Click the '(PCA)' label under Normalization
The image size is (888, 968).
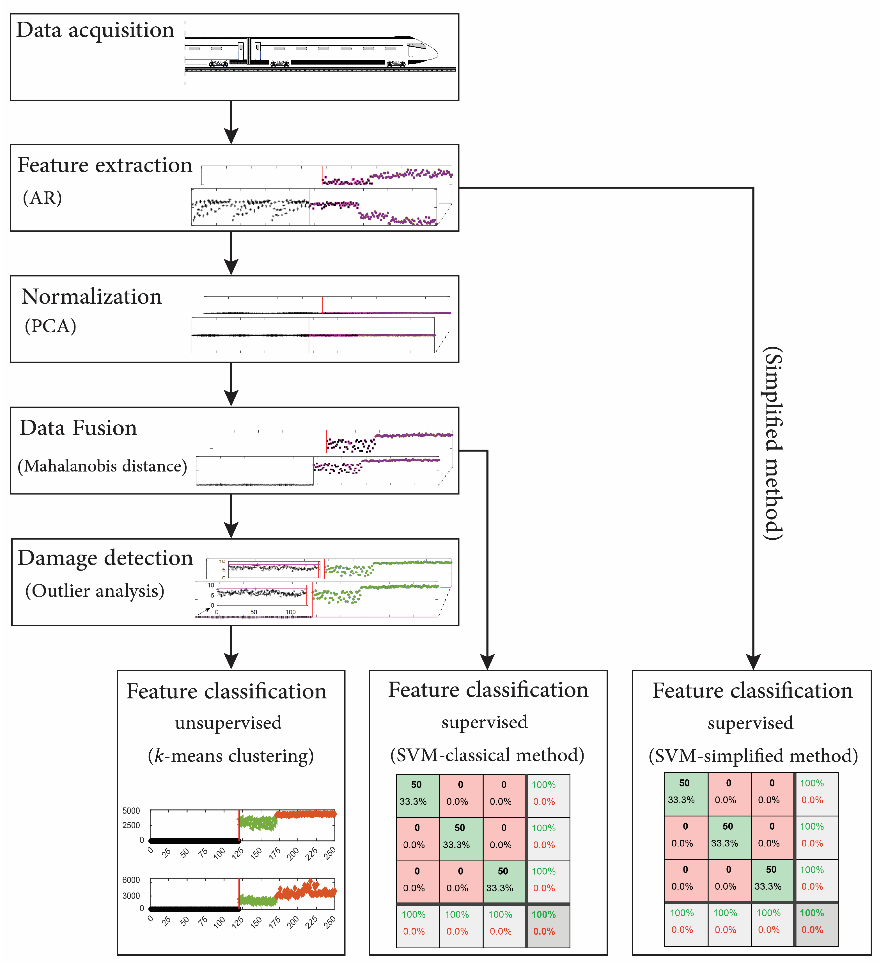[51, 326]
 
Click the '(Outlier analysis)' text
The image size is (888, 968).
[95, 591]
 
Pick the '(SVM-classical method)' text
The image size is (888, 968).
[487, 755]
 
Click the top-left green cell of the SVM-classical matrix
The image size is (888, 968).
[417, 795]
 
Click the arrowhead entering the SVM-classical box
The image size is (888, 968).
[487, 662]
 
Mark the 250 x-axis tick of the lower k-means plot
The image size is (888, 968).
[330, 922]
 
